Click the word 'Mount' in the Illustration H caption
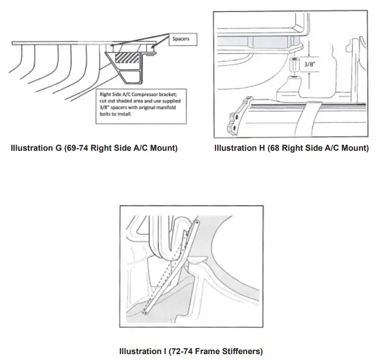(352, 148)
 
